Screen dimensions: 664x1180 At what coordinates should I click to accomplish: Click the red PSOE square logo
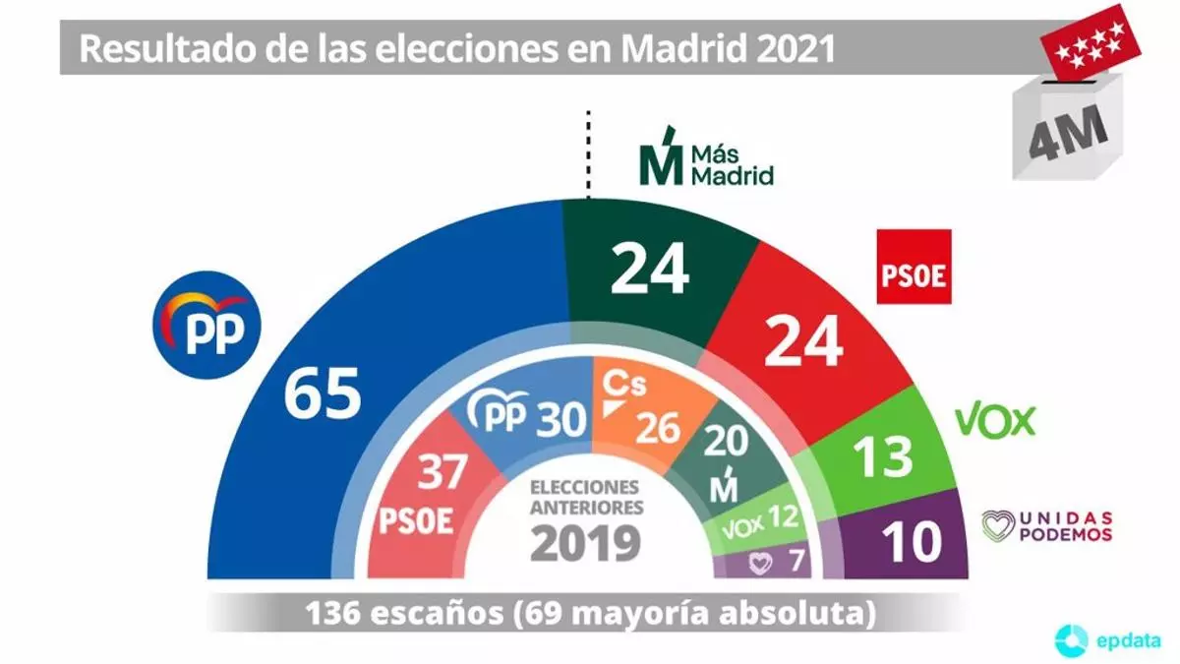click(x=914, y=267)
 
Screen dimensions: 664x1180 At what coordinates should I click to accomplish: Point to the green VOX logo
click(x=995, y=421)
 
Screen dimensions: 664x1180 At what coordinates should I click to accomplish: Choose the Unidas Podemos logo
click(x=1047, y=525)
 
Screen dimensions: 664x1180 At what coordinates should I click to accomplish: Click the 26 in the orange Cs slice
click(x=658, y=426)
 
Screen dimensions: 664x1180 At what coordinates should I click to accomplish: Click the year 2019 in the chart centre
click(x=585, y=543)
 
